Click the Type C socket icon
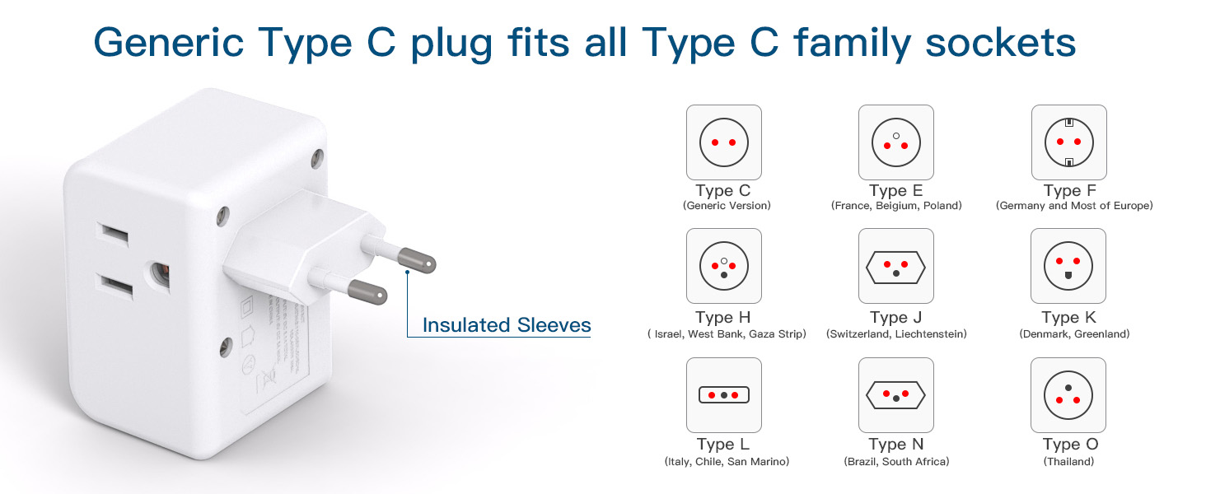tap(724, 142)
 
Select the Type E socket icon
tap(896, 142)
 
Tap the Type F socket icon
tap(1069, 142)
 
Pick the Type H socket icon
tap(724, 266)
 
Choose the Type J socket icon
tap(896, 266)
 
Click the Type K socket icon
tap(1069, 266)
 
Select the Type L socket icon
tap(724, 395)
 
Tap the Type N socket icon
tap(896, 395)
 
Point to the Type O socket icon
tap(1069, 395)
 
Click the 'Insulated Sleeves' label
tap(507, 325)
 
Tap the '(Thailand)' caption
tap(1069, 462)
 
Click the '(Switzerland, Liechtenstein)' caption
tap(896, 334)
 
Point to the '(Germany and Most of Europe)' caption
tap(1074, 206)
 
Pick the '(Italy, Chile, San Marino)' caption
tap(727, 462)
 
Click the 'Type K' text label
tap(1069, 318)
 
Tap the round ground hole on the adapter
tap(159, 269)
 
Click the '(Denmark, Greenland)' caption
tap(1074, 334)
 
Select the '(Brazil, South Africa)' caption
tap(896, 462)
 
